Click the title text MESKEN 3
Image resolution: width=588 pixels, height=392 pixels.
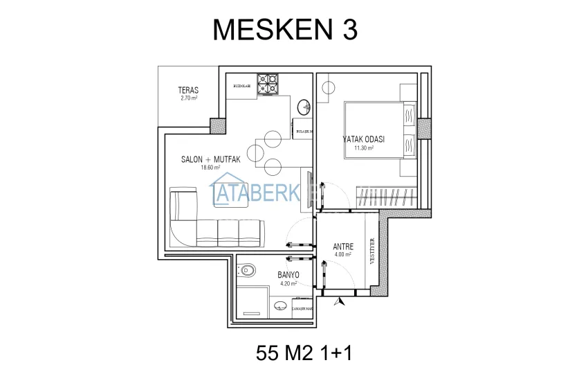(x=284, y=29)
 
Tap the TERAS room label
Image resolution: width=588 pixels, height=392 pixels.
(x=188, y=90)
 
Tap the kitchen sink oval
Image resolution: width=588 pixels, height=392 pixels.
(x=303, y=107)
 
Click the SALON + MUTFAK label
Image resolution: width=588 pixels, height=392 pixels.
(x=210, y=159)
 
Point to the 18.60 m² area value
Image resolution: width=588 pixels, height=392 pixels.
(x=210, y=168)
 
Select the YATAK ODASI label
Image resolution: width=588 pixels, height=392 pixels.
(x=364, y=139)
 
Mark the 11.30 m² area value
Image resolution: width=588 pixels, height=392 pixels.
(x=364, y=148)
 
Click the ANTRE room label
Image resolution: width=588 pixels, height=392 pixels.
(x=343, y=247)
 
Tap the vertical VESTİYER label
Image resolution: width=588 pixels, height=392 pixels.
(x=373, y=251)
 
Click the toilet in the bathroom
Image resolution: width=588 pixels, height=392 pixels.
(x=248, y=269)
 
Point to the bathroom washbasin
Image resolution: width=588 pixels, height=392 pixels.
(x=281, y=305)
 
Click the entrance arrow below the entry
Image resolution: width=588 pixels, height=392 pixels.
(x=338, y=301)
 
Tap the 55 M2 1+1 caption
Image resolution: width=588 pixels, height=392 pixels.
(x=304, y=353)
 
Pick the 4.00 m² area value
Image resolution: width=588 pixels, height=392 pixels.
(x=343, y=254)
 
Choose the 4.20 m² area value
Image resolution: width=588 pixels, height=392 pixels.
(x=288, y=283)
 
